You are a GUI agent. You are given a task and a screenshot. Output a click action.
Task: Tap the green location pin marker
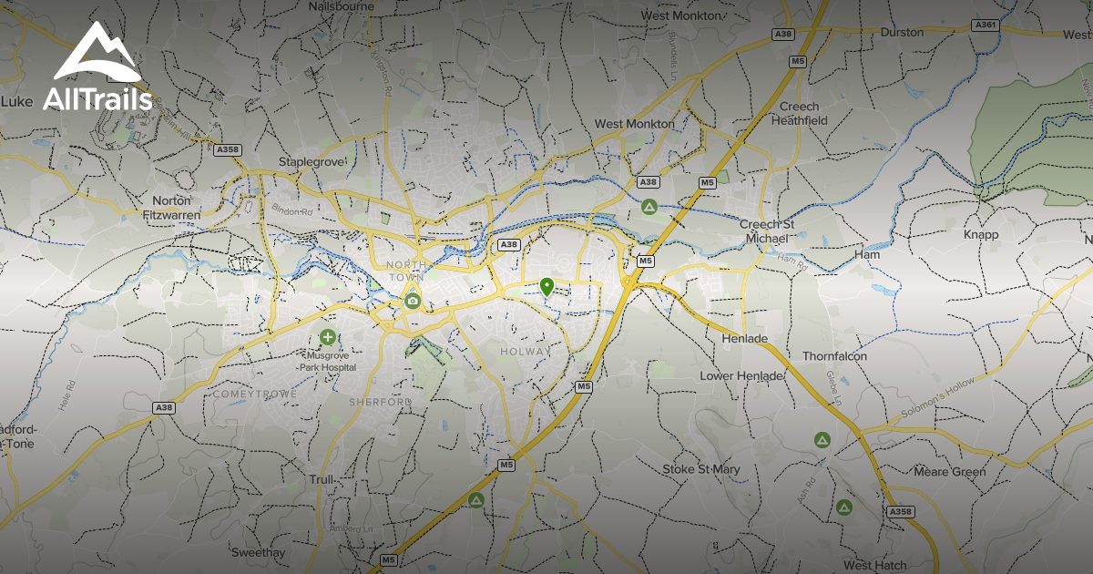point(546,287)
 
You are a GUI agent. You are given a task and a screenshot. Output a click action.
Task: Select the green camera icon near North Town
point(413,300)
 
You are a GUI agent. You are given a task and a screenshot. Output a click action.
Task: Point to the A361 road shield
point(986,26)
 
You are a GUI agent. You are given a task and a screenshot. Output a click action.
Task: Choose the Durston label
point(902,32)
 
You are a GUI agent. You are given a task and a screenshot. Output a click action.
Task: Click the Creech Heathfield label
point(802,113)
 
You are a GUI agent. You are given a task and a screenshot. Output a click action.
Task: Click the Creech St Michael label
point(763,231)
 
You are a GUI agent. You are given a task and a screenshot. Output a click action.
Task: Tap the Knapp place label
point(981,234)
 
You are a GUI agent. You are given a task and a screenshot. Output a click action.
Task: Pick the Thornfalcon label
point(834,356)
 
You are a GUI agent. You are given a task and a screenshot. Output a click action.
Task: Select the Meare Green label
point(950,472)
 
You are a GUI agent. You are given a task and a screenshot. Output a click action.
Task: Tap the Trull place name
point(322,479)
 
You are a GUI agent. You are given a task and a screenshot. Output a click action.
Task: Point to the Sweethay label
point(258,552)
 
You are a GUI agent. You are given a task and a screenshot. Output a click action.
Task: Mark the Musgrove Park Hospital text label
point(330,361)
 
